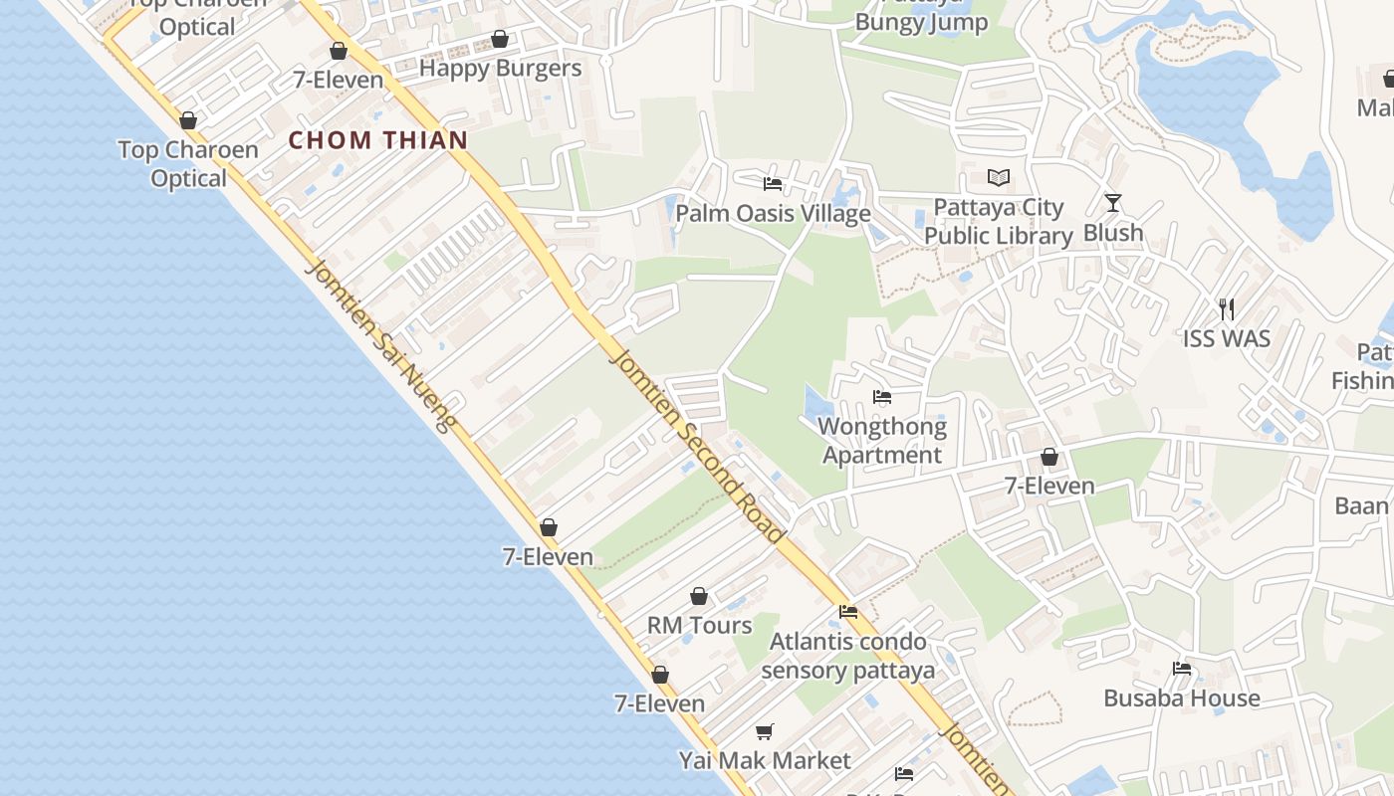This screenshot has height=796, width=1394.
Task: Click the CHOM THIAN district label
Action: pyautogui.click(x=378, y=140)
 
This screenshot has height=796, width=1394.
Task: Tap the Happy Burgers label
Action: pyautogui.click(x=500, y=69)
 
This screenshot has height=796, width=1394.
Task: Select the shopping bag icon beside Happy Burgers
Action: pyautogui.click(x=500, y=40)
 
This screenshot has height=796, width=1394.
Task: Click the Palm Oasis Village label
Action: pyautogui.click(x=773, y=214)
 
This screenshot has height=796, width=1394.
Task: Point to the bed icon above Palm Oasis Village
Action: pyautogui.click(x=772, y=184)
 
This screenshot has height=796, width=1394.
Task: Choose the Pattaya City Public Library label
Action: pyautogui.click(x=999, y=222)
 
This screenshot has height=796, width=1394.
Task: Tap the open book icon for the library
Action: pyautogui.click(x=999, y=178)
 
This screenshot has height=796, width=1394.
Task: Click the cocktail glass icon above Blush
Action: pyautogui.click(x=1113, y=203)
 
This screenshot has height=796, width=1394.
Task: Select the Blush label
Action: pyautogui.click(x=1113, y=233)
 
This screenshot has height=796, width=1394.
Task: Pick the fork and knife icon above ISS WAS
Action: pyautogui.click(x=1227, y=309)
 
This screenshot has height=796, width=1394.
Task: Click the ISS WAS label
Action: pyautogui.click(x=1227, y=339)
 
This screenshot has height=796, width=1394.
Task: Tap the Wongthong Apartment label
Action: pyautogui.click(x=882, y=441)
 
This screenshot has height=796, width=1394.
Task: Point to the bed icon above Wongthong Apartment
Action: pyautogui.click(x=882, y=397)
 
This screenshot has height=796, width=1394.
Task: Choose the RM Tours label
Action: pyautogui.click(x=700, y=626)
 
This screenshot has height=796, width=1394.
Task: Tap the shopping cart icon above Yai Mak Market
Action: pyautogui.click(x=765, y=732)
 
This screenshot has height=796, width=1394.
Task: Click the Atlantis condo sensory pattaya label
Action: pyautogui.click(x=848, y=656)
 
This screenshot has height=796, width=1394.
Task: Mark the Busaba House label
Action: pyautogui.click(x=1182, y=698)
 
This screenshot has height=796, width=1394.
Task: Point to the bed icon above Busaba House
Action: pyautogui.click(x=1182, y=669)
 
